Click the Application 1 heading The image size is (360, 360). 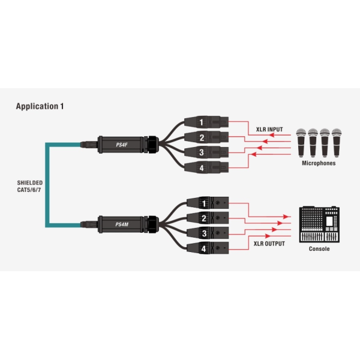(x=40, y=106)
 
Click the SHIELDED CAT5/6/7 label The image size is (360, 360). (x=29, y=186)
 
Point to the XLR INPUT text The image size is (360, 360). (x=267, y=130)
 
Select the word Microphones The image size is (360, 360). (x=318, y=163)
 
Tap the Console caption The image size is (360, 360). (x=319, y=248)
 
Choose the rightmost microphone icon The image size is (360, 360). (x=339, y=142)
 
